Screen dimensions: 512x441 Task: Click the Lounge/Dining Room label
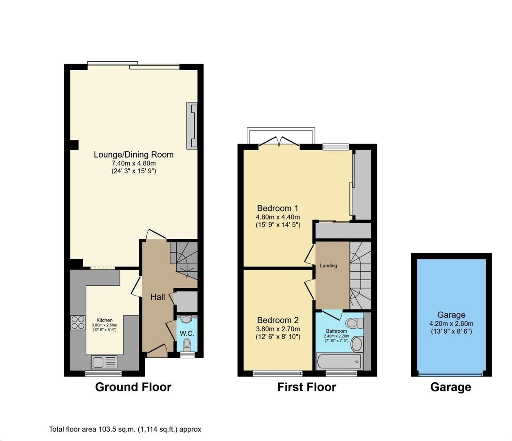(x=133, y=155)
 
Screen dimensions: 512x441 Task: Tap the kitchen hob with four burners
(x=78, y=323)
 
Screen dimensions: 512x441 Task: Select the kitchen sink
(x=104, y=362)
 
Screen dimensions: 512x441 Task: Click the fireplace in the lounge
(x=192, y=126)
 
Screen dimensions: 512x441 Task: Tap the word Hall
(x=158, y=297)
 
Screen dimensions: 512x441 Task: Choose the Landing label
(x=328, y=266)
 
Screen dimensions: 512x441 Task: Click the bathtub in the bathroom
(x=339, y=362)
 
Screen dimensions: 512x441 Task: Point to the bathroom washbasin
(x=357, y=343)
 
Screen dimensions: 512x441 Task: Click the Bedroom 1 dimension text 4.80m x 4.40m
(x=278, y=217)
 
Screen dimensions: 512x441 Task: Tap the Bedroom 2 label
(x=278, y=320)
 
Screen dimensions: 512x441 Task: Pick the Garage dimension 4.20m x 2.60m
(x=451, y=323)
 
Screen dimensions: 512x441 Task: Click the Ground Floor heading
(x=133, y=387)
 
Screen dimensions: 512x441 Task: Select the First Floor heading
(x=307, y=387)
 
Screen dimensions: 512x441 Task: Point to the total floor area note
(x=125, y=429)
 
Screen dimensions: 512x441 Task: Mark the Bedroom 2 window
(x=278, y=373)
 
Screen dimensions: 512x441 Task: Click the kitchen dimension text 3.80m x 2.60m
(x=104, y=325)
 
